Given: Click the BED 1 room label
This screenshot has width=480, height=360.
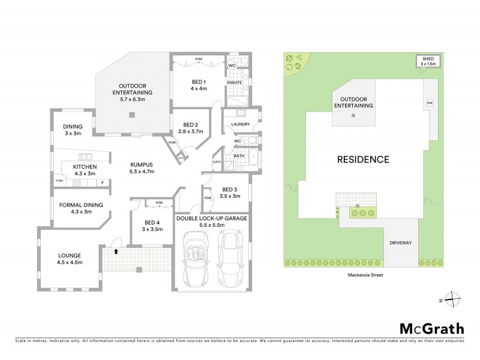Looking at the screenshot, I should (x=199, y=85).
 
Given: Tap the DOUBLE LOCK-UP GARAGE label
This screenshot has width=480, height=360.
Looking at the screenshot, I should (x=211, y=222).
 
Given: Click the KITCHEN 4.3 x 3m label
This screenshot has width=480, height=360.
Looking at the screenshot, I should (x=85, y=170).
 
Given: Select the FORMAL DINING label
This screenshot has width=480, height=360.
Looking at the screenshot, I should (x=81, y=208).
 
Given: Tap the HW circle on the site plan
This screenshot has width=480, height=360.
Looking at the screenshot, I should (x=429, y=103).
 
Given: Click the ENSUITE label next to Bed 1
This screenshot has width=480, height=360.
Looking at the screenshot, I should (x=234, y=82).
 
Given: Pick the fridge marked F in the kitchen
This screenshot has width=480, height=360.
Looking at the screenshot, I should (x=103, y=181).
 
